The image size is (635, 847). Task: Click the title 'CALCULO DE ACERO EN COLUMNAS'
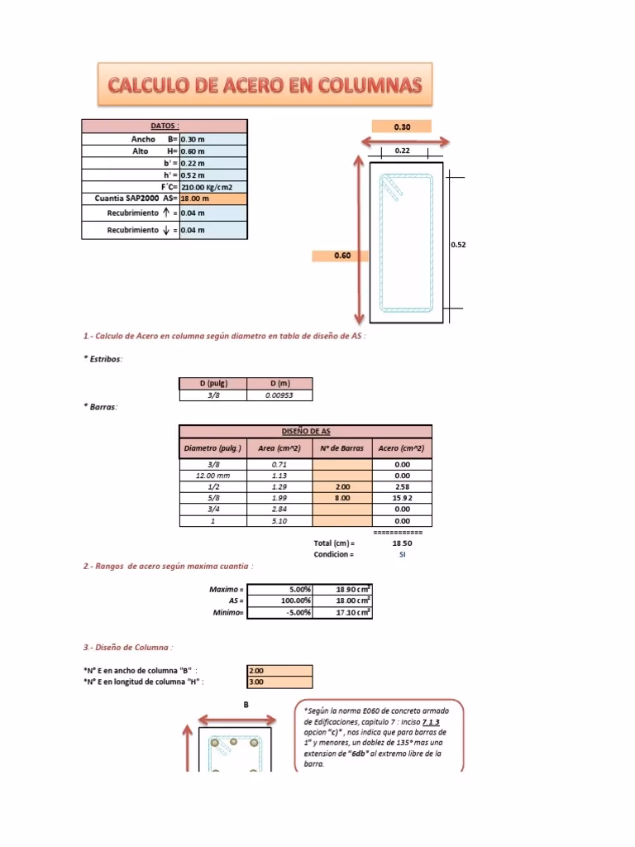pyautogui.click(x=265, y=84)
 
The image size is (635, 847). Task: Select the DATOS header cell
pyautogui.click(x=164, y=126)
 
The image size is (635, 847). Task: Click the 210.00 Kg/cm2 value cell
pyautogui.click(x=212, y=187)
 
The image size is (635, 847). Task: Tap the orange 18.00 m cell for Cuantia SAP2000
pyautogui.click(x=212, y=199)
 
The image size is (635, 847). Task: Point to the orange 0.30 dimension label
pyautogui.click(x=402, y=127)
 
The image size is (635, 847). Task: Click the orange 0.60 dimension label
pyautogui.click(x=342, y=256)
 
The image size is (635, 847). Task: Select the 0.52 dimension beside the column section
pyautogui.click(x=458, y=245)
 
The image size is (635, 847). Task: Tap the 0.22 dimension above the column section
pyautogui.click(x=402, y=151)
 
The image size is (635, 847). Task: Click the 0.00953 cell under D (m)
pyautogui.click(x=279, y=395)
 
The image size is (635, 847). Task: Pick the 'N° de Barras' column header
pyautogui.click(x=342, y=448)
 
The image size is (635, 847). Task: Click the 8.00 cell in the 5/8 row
pyautogui.click(x=342, y=499)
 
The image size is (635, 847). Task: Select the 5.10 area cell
pyautogui.click(x=279, y=521)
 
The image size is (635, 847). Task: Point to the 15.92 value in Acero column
pyautogui.click(x=402, y=499)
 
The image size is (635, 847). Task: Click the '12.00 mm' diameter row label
pyautogui.click(x=212, y=476)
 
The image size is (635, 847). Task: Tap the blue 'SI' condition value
pyautogui.click(x=402, y=554)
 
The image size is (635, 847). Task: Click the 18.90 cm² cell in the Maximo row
pyautogui.click(x=342, y=589)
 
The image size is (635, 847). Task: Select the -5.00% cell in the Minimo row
pyautogui.click(x=279, y=612)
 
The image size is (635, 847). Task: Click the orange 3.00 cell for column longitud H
pyautogui.click(x=279, y=682)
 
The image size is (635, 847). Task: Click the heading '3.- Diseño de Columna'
pyautogui.click(x=128, y=647)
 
